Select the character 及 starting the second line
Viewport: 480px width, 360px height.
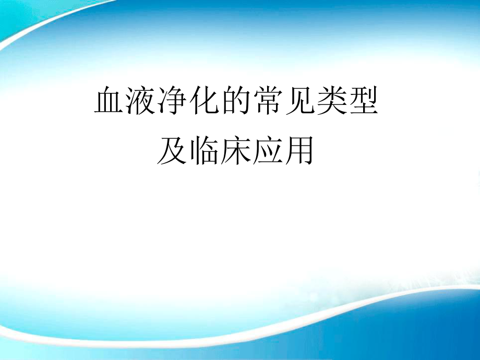[x=172, y=151]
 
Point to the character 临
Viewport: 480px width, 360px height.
[x=204, y=151]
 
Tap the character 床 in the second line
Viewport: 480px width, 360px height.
[x=235, y=151]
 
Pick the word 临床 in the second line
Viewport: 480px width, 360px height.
[x=220, y=151]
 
